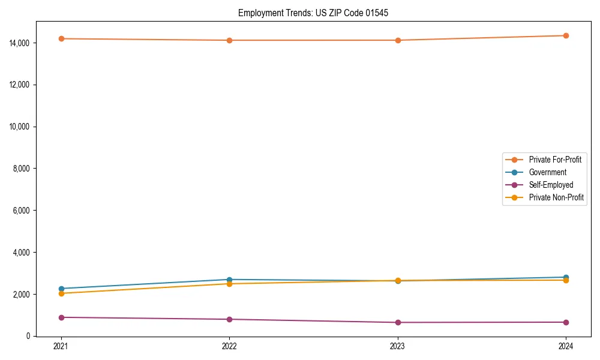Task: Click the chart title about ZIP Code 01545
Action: (x=313, y=13)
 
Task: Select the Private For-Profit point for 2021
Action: (x=61, y=38)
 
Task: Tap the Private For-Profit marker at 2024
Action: (x=566, y=35)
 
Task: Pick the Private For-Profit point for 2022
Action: (x=229, y=40)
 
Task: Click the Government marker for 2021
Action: (x=61, y=289)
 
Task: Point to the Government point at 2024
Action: (x=566, y=277)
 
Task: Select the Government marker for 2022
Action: (x=229, y=280)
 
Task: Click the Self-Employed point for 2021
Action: (x=61, y=317)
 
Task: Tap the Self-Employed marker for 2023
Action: (x=398, y=323)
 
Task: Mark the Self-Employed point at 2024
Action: (x=566, y=322)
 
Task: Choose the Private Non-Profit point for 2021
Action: (x=61, y=293)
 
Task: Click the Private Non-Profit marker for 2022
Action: (x=229, y=284)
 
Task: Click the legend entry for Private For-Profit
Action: (x=555, y=160)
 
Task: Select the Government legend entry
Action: (x=547, y=172)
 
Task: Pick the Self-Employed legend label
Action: (x=551, y=185)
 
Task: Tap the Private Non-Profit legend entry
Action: (x=556, y=197)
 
